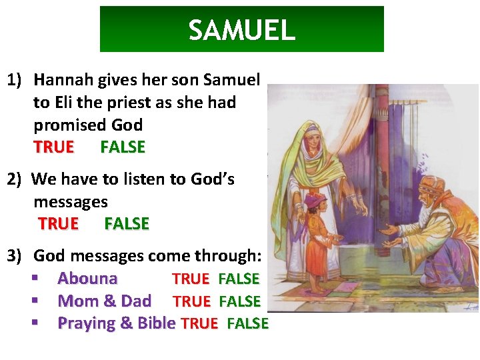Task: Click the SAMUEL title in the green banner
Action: click(x=241, y=30)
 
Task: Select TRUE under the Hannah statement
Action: click(x=53, y=147)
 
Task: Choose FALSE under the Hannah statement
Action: click(x=123, y=147)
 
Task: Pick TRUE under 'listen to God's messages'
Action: click(x=58, y=224)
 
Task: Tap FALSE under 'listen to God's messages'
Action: click(x=127, y=224)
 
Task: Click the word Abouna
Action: click(x=87, y=279)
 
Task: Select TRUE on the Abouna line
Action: click(x=191, y=279)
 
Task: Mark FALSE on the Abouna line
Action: click(x=239, y=279)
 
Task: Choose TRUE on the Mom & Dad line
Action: click(x=191, y=301)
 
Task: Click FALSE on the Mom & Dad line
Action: click(x=239, y=301)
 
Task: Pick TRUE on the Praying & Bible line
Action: click(x=199, y=324)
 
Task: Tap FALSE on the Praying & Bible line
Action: click(x=247, y=324)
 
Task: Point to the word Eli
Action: click(x=84, y=103)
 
